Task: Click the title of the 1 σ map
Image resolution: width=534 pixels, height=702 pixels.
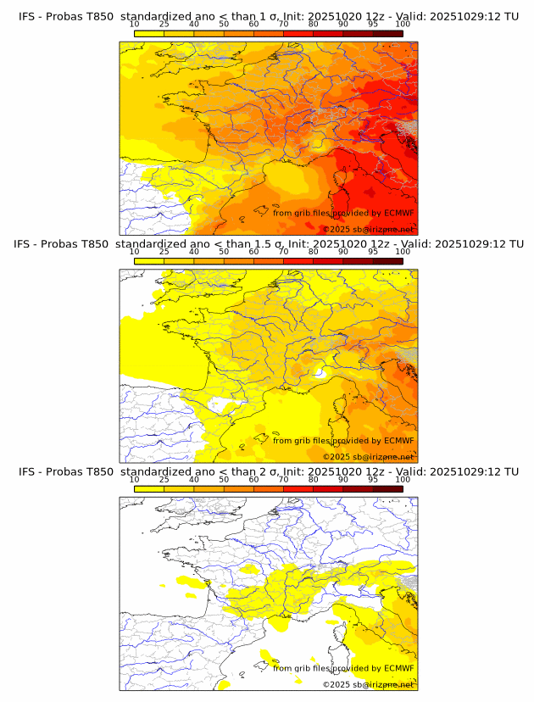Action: click(268, 16)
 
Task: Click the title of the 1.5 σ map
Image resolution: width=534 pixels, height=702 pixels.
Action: click(268, 244)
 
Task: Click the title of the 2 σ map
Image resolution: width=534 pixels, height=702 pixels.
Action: click(268, 471)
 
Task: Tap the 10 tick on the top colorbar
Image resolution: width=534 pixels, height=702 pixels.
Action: click(135, 25)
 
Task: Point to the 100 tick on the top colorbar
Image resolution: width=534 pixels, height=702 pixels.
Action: click(403, 25)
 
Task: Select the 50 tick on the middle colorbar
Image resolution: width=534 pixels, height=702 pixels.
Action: click(224, 252)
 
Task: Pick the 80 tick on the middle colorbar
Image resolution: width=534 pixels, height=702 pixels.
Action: click(314, 252)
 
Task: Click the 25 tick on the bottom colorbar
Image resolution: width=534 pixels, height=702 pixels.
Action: click(164, 480)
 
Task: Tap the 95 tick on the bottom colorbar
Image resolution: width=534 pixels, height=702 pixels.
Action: click(373, 480)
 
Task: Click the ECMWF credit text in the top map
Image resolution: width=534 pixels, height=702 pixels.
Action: click(343, 214)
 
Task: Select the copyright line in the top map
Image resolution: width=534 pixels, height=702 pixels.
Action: click(368, 230)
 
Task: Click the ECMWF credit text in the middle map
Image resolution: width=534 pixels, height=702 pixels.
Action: click(343, 441)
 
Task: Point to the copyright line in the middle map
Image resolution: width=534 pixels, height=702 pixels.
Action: click(368, 457)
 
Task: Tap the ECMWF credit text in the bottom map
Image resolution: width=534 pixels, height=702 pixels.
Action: click(343, 668)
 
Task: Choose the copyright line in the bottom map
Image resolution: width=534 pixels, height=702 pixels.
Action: click(368, 684)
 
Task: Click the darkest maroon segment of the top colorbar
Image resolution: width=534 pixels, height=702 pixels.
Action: click(388, 33)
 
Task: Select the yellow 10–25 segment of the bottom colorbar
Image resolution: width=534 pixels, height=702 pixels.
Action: click(149, 489)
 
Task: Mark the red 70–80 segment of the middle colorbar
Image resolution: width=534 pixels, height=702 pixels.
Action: click(298, 261)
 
